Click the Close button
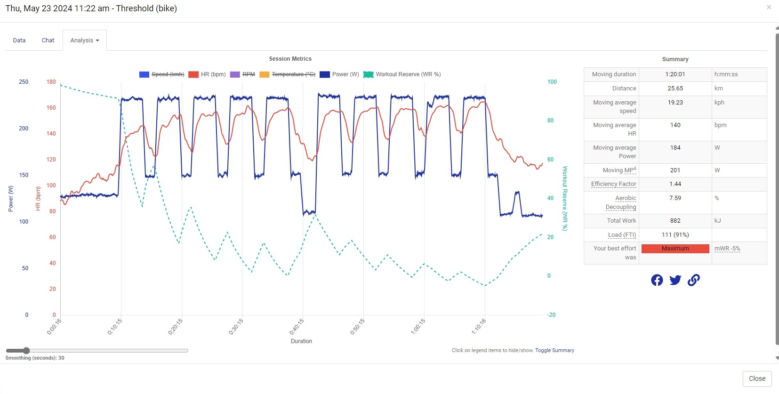(x=757, y=378)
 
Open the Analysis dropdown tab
(x=85, y=40)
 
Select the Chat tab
(x=48, y=40)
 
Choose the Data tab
(x=19, y=40)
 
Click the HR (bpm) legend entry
(x=207, y=74)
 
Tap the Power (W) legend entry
(x=339, y=74)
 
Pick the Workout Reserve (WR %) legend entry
(x=402, y=74)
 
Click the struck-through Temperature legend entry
(x=288, y=74)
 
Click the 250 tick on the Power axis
(x=24, y=82)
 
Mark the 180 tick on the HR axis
(x=51, y=82)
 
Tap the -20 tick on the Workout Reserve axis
(x=551, y=315)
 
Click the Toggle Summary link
(x=554, y=350)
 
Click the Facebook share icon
(x=657, y=280)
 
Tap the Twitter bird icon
(x=675, y=280)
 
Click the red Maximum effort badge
(x=675, y=249)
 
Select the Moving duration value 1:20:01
(x=675, y=74)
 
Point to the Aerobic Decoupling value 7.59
(x=675, y=198)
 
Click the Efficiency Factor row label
(x=613, y=184)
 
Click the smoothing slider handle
(x=26, y=351)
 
